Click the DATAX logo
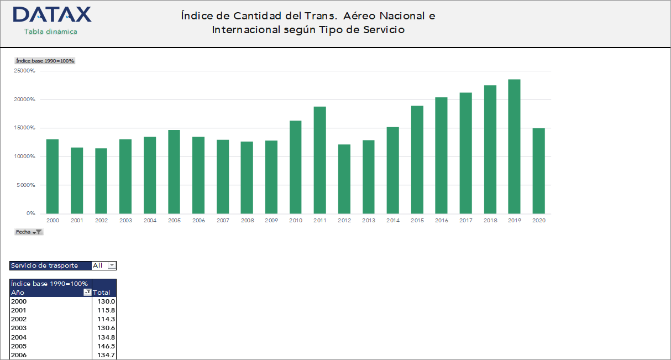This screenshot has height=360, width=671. tap(52, 15)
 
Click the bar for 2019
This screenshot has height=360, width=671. tap(514, 147)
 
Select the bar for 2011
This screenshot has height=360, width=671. tap(319, 160)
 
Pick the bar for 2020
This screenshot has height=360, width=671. tap(538, 171)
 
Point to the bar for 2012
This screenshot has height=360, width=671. tap(344, 179)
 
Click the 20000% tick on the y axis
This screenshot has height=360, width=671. tap(24, 100)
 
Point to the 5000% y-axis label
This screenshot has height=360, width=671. tap(26, 185)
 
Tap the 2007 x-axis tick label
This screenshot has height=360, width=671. tap(223, 221)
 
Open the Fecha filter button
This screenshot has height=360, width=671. tap(29, 232)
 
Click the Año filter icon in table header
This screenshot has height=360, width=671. tap(87, 293)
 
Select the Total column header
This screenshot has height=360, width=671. tap(102, 293)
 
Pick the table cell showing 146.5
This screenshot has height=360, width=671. tap(106, 346)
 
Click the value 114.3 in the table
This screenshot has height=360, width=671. tap(106, 319)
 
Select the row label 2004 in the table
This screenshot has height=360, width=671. tap(19, 337)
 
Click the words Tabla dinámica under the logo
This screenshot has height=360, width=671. tap(51, 32)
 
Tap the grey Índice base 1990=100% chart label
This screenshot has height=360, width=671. tap(45, 61)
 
